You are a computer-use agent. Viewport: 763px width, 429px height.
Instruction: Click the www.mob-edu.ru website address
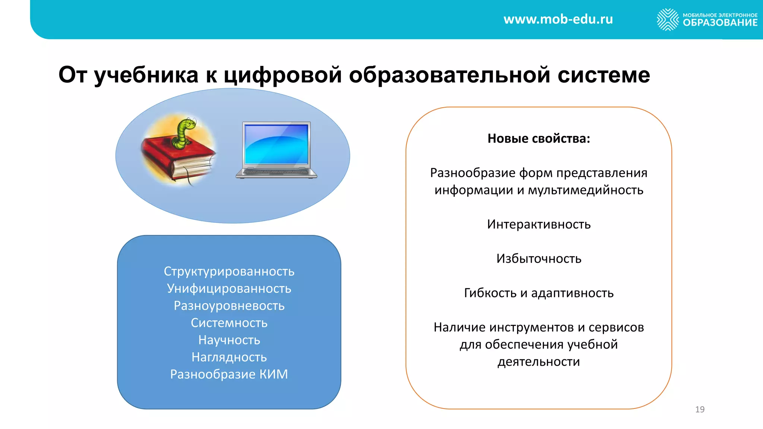[558, 19]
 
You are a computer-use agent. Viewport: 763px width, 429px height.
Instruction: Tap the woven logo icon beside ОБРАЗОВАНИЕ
[668, 19]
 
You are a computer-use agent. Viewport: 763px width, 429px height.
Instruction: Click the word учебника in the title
[146, 75]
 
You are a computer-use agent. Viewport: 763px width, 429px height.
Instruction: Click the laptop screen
[276, 144]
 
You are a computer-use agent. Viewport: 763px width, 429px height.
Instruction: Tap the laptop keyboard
[276, 172]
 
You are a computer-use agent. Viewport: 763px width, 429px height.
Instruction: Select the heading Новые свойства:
[539, 139]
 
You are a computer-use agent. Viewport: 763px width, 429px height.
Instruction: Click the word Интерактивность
[539, 225]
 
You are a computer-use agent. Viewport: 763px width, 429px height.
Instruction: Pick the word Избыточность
[539, 259]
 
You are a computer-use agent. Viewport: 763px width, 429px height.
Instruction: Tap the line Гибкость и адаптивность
[539, 293]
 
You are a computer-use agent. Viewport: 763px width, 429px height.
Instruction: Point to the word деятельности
[539, 362]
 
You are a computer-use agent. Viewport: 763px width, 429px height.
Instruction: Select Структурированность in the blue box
[229, 271]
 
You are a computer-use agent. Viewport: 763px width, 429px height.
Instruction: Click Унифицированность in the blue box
[229, 289]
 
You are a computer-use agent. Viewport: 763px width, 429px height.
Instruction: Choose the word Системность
[229, 323]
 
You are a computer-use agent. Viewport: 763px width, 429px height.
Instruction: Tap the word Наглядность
[229, 357]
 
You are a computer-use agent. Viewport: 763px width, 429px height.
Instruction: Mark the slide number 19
[700, 410]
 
